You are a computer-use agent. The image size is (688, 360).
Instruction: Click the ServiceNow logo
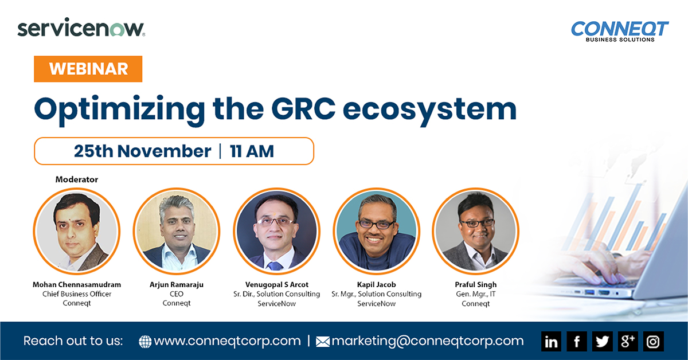(81, 28)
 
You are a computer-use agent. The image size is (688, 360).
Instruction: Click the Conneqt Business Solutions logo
(620, 32)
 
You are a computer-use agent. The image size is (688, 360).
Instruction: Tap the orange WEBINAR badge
(88, 69)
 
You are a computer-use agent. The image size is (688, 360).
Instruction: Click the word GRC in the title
(303, 109)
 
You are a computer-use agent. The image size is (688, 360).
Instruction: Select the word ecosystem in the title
(429, 111)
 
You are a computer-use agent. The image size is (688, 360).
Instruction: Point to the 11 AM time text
(252, 151)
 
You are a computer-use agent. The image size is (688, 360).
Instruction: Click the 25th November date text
(142, 151)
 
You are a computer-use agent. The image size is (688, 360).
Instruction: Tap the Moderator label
(77, 179)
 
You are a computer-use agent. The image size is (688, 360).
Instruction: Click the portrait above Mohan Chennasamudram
(77, 231)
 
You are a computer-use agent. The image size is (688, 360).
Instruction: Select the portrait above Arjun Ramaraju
(177, 231)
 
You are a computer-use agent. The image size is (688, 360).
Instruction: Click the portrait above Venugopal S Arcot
(276, 231)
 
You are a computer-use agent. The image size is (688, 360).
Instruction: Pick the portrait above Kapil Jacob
(376, 231)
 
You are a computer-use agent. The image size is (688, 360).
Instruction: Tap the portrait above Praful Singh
(476, 231)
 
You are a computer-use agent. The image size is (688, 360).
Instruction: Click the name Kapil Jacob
(376, 285)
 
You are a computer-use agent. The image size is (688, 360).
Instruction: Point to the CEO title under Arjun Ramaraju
(177, 294)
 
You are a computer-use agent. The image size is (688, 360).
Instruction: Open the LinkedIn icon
(551, 341)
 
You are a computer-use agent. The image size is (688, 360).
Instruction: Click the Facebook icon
(577, 341)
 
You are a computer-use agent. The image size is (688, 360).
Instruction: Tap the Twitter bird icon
(602, 341)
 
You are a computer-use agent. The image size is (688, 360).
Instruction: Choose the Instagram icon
(653, 341)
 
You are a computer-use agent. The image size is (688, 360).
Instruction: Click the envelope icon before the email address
(323, 342)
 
